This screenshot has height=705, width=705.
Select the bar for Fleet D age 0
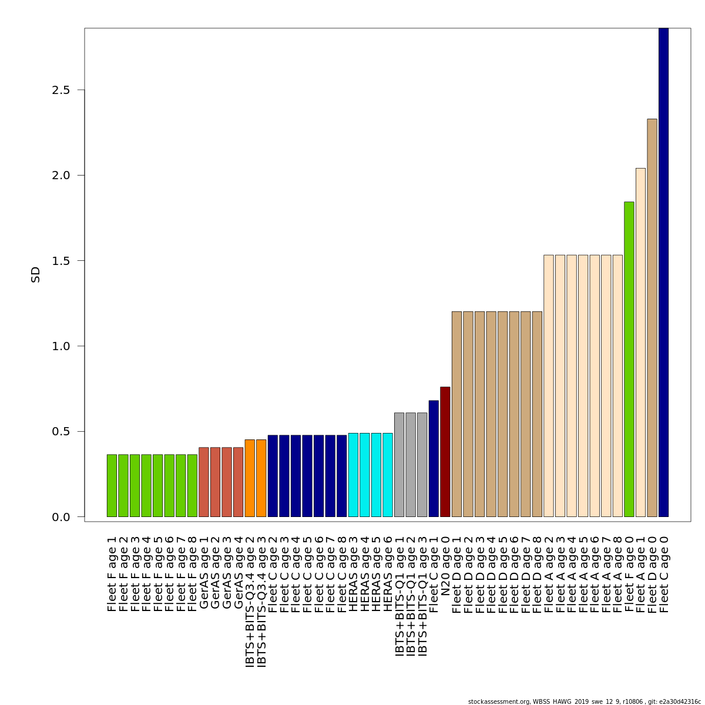(x=652, y=318)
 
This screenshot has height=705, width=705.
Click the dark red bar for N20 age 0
(x=445, y=452)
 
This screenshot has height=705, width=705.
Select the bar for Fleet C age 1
(x=434, y=459)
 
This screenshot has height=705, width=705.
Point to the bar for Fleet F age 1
(x=112, y=485)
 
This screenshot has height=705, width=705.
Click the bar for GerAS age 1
(x=204, y=482)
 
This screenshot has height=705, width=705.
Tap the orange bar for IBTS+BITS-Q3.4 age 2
(x=250, y=478)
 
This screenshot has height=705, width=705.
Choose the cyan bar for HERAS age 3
(x=353, y=475)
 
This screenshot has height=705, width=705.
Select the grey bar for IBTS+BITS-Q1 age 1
(x=399, y=465)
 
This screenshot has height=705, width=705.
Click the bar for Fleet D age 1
(x=456, y=414)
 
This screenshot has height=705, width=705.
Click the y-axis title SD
(x=36, y=274)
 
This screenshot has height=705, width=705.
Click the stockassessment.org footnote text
(x=585, y=701)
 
